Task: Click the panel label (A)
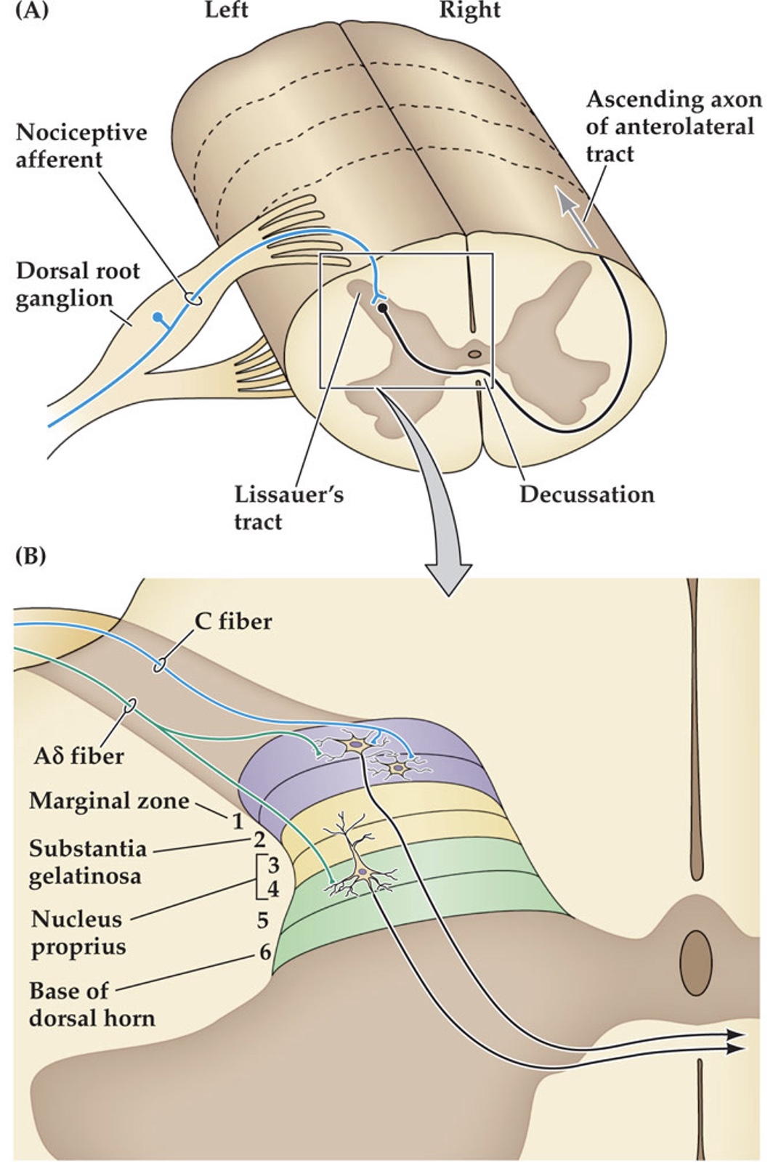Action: [x=31, y=12]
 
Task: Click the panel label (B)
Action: [x=31, y=556]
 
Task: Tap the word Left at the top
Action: [x=226, y=10]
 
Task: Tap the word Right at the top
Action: [x=469, y=10]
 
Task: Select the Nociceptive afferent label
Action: [x=81, y=146]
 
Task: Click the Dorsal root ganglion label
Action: [x=78, y=285]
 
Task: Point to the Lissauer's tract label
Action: [x=288, y=508]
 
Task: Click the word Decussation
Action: [x=586, y=495]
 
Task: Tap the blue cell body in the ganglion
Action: [x=158, y=316]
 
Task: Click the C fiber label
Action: [x=233, y=621]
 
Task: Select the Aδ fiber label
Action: [x=78, y=756]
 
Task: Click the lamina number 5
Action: [x=263, y=920]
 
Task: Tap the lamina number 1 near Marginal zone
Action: [x=237, y=822]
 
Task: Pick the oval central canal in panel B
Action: [x=695, y=962]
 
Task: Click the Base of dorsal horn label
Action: [x=92, y=1005]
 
